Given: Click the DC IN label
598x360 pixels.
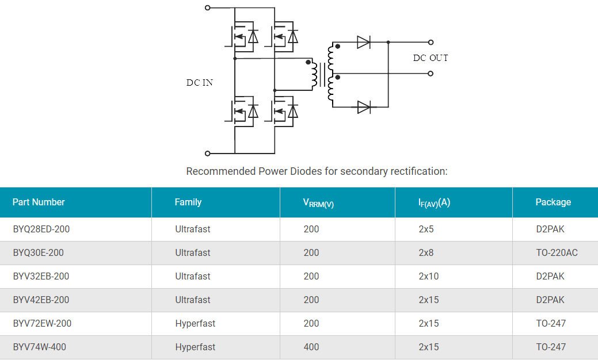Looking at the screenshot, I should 199,83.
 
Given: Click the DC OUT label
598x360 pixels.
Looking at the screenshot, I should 430,58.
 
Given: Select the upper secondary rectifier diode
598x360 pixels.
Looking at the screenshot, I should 364,42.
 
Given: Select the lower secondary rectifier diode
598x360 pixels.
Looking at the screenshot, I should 364,107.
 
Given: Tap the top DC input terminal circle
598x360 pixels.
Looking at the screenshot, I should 208,8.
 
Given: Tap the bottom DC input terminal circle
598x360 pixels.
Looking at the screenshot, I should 208,154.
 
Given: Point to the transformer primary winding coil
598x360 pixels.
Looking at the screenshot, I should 314,75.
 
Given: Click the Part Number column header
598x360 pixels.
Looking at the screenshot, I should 39,202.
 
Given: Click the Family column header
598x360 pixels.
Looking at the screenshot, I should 188,202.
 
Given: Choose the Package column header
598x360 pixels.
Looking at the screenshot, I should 553,202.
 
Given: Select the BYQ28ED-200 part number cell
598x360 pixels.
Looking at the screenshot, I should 41,229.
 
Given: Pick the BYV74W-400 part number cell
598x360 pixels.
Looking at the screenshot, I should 41,347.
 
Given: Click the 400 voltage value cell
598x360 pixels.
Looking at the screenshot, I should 311,347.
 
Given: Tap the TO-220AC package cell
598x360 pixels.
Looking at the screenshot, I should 557,253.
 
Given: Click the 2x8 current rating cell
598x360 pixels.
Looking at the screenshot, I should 426,253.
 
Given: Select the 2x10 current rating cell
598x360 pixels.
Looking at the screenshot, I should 428,277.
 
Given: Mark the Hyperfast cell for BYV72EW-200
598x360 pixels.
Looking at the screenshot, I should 195,324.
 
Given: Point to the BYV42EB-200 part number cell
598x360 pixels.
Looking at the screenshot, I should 41,300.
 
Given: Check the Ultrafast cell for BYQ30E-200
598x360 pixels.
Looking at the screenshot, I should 193,253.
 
